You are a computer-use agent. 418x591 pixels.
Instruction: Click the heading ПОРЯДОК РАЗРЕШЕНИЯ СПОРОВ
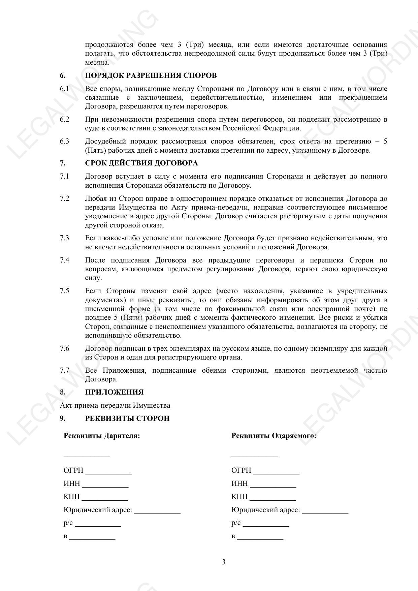[151, 75]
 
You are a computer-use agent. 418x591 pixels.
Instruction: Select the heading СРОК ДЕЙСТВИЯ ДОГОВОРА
[141, 163]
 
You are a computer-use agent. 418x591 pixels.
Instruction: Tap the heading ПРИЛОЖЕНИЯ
[114, 392]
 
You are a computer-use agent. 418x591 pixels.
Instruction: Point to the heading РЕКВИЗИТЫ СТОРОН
[127, 418]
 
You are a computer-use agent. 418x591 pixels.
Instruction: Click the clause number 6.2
[64, 119]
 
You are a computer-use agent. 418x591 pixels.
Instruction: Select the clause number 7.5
[64, 291]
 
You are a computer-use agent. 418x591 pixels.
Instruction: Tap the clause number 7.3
[64, 238]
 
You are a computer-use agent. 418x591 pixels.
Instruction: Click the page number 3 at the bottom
[224, 562]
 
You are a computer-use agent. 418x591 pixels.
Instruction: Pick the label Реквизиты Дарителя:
[102, 436]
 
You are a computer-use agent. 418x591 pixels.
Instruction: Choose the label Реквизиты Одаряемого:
[274, 436]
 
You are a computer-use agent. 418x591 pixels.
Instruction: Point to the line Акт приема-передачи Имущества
[115, 405]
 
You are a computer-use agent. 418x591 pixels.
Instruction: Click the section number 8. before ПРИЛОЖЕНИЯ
[63, 392]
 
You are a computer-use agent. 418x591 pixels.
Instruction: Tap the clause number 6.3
[64, 141]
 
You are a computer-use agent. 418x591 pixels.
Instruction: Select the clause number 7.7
[64, 370]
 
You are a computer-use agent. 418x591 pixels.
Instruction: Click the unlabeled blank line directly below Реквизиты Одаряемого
[254, 456]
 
